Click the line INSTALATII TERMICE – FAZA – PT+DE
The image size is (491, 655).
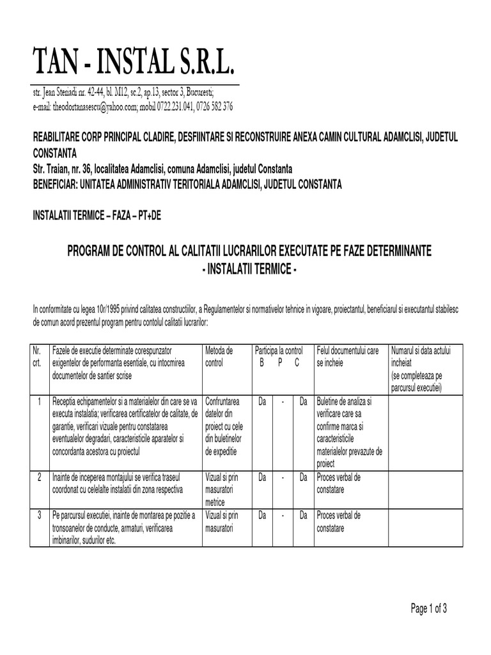(97, 216)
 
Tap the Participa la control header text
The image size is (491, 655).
(279, 351)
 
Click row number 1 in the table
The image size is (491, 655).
(39, 402)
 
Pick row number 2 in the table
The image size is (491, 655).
(39, 477)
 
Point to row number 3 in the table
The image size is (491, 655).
(39, 515)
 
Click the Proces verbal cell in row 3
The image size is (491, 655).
(339, 522)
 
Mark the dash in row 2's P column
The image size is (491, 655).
(282, 477)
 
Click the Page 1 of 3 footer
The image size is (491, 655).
(428, 609)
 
